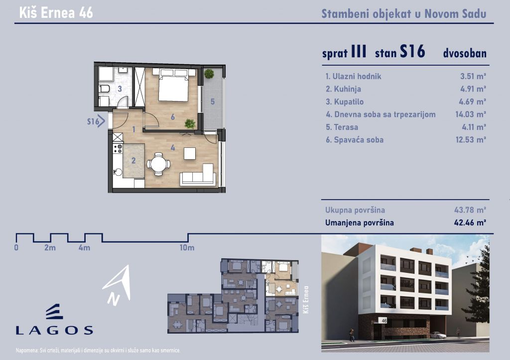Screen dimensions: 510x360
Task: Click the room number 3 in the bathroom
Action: (x=120, y=89)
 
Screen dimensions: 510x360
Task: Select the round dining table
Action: (x=158, y=164)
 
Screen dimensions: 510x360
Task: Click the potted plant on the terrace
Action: (x=209, y=74)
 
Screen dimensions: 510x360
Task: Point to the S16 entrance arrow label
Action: (x=96, y=121)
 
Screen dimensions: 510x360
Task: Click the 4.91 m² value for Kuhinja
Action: (x=473, y=89)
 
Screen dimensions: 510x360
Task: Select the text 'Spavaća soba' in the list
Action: (x=359, y=140)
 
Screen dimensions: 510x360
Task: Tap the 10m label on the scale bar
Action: (x=187, y=248)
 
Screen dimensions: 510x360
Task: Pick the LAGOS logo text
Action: (x=54, y=331)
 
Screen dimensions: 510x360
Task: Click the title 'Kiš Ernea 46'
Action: (x=56, y=12)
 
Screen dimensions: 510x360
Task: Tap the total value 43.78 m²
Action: (x=470, y=210)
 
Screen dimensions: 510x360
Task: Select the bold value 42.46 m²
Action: (x=470, y=223)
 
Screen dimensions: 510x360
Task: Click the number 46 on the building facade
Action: (x=384, y=321)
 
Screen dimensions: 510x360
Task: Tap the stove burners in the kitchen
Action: (x=118, y=148)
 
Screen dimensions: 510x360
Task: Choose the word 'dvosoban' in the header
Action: (x=465, y=53)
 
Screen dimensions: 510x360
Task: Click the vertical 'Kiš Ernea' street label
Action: (x=305, y=300)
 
